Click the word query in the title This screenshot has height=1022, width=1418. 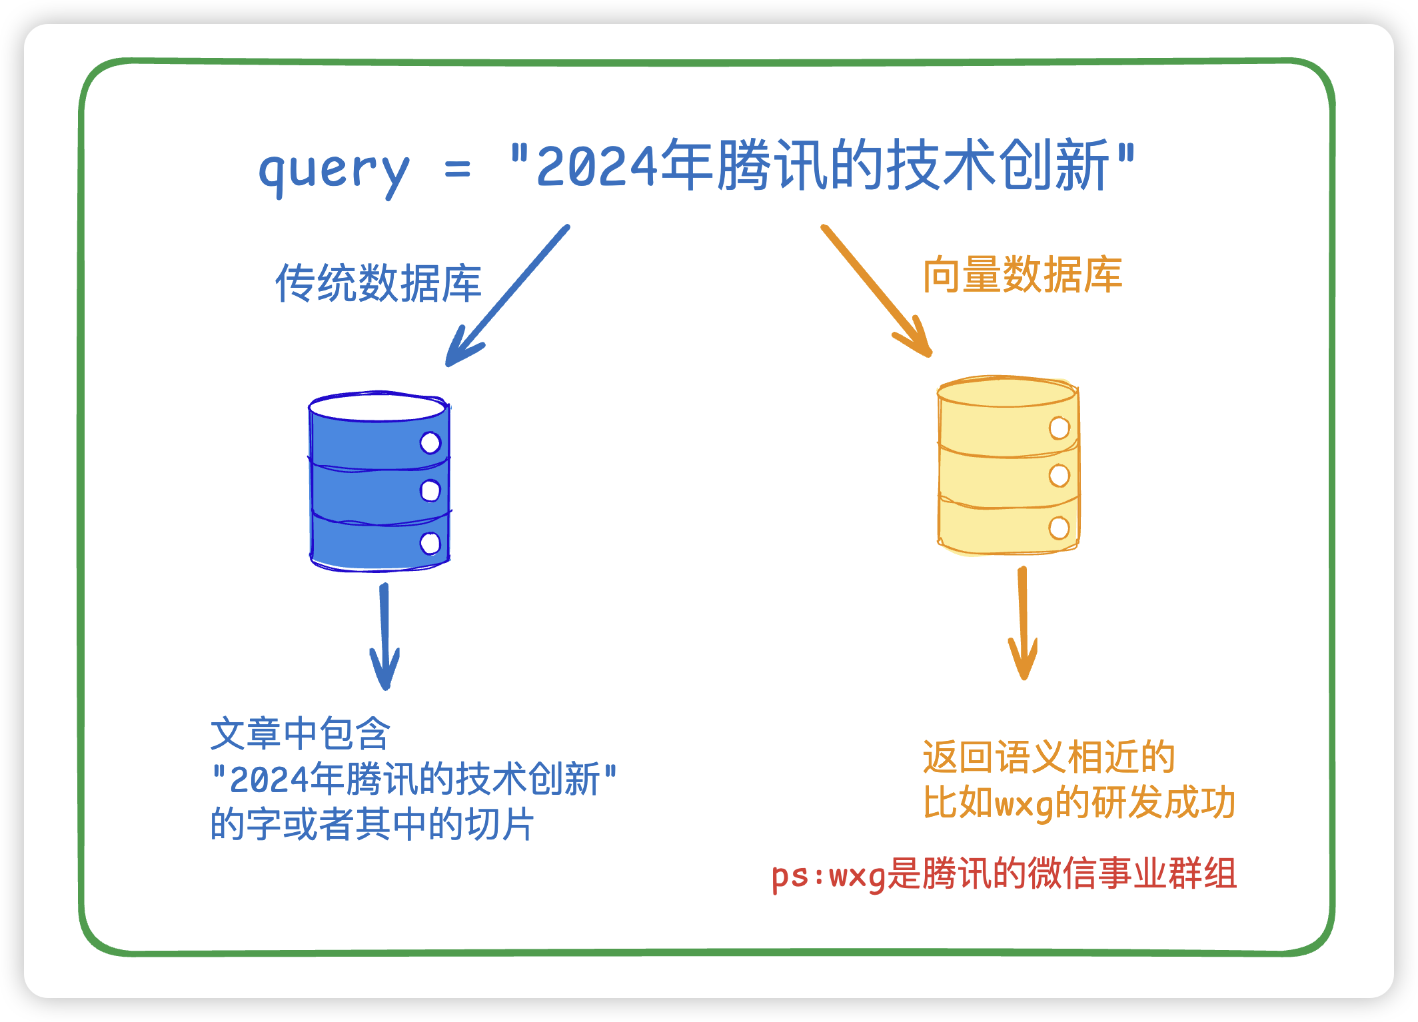(x=333, y=170)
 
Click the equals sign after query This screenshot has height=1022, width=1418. (x=458, y=170)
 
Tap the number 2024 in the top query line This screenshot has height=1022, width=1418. (x=597, y=167)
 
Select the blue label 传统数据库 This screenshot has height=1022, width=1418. (x=378, y=283)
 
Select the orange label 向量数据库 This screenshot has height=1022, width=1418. (x=1022, y=274)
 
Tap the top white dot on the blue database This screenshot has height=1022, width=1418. (x=430, y=442)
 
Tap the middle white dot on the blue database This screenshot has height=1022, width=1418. (x=430, y=491)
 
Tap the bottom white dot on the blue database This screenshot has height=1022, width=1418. (x=430, y=543)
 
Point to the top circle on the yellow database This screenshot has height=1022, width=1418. (x=1059, y=428)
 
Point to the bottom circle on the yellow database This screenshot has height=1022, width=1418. (x=1059, y=528)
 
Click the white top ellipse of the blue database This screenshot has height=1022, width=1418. (x=377, y=407)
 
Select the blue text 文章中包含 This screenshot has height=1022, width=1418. (x=301, y=734)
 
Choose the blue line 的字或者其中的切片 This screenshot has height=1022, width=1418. (x=372, y=824)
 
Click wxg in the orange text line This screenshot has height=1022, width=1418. (x=1024, y=804)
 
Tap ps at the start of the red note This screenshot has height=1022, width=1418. (x=790, y=875)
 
